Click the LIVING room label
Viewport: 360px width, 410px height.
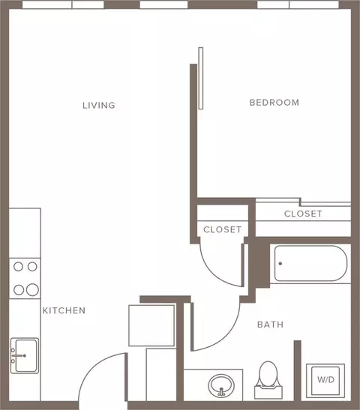coord(99,106)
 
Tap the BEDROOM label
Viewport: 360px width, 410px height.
coord(274,103)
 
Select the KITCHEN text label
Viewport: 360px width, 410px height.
coord(64,310)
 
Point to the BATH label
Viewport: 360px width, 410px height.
coord(271,325)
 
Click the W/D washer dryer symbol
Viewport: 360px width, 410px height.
coord(325,381)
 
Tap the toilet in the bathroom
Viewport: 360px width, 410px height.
coord(268,380)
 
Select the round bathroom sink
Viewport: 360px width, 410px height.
coord(221,386)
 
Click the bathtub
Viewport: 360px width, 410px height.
coord(310,263)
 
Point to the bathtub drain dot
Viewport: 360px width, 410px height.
coord(280,264)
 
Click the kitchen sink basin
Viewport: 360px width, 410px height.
coord(25,355)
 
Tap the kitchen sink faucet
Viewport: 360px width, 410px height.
coord(19,355)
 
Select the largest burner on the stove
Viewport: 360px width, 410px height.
coord(32,290)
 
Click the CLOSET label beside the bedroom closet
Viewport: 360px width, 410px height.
coord(303,214)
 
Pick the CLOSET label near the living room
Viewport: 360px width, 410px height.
coord(223,229)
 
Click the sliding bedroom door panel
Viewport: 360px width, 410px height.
coord(201,78)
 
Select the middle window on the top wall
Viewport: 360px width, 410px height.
coord(163,4)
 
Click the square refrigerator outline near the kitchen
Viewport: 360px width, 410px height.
coord(151,325)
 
